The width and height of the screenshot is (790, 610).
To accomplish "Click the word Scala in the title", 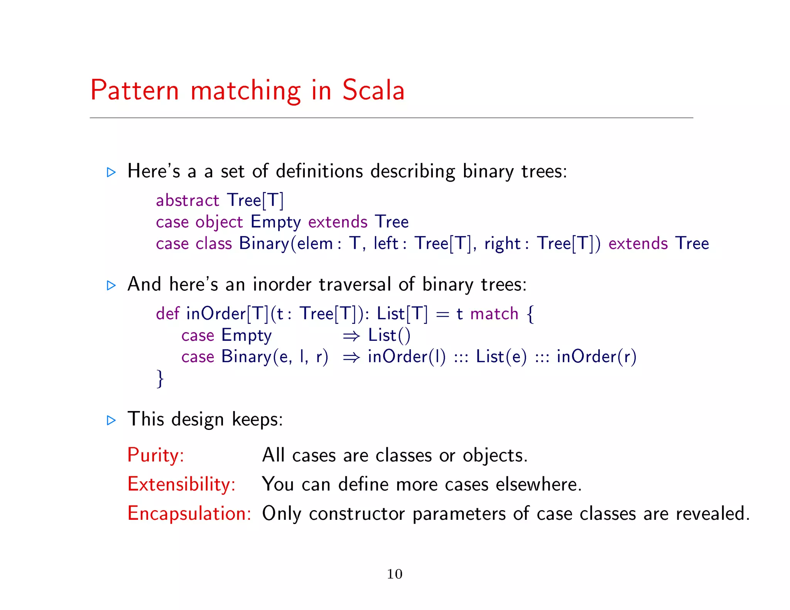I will point(373,90).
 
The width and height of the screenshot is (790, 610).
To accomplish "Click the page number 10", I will point(394,574).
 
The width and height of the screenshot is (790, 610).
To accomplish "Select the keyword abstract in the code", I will point(187,201).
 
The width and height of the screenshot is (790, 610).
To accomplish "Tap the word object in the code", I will point(219,222).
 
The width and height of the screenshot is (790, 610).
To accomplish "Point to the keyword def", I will point(167,313).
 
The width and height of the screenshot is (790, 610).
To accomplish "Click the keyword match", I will point(494,314).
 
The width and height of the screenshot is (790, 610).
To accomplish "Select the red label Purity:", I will point(156,455).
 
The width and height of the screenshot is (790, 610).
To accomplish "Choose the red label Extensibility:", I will point(181,484).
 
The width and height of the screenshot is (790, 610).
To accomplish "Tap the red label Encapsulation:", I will point(189,514).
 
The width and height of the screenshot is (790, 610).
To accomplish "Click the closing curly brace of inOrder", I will point(160,379).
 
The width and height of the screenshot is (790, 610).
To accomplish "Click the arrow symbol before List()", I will point(351,336).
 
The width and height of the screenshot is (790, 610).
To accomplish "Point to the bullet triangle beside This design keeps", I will point(111,420).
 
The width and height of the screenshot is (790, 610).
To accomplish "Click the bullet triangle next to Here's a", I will point(111,172).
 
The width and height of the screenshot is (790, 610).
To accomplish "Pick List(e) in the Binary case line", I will point(501,357).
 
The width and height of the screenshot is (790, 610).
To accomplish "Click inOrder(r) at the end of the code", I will point(596,357).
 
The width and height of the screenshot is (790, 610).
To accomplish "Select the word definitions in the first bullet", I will point(319,171).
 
